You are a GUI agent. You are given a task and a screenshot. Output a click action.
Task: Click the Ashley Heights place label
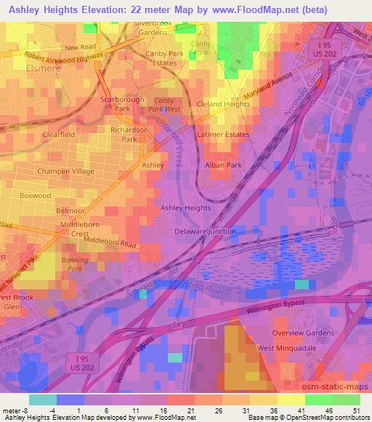coord(185,207)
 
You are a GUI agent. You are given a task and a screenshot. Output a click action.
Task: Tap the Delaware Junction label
coord(206,232)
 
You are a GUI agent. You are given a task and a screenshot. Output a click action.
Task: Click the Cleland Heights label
coord(223,104)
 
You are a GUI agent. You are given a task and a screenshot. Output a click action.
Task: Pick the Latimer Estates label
coord(223,135)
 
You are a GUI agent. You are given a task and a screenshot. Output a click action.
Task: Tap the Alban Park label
coord(224,165)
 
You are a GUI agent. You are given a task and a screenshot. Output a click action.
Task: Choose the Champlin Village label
coord(66,171)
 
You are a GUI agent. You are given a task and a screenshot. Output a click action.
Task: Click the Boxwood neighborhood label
coord(36,196)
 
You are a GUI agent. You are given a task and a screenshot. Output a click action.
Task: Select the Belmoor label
coord(70,210)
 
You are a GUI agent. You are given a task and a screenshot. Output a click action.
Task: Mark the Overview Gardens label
coord(302,333)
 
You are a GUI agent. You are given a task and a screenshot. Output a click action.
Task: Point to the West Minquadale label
coord(288,348)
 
